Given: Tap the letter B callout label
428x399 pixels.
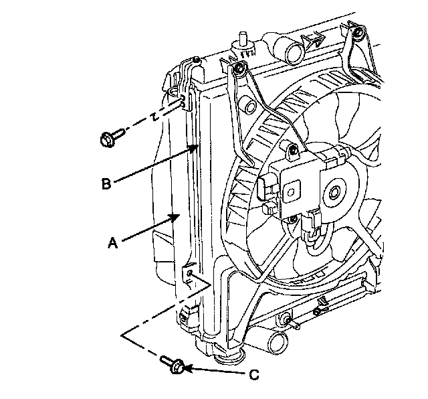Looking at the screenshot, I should [106, 182].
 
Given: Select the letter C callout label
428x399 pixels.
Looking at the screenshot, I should [253, 375].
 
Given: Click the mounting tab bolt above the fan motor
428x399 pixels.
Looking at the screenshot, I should [292, 151].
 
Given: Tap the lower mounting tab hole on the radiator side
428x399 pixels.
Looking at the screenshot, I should [190, 274].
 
